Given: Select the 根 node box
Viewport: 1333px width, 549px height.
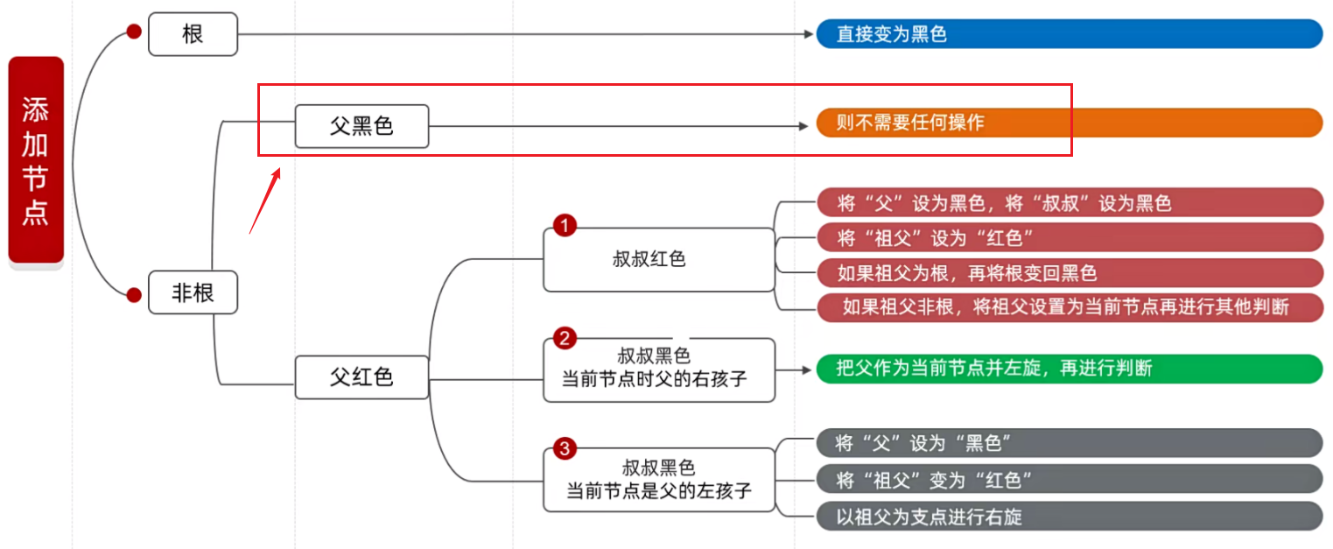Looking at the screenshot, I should click(193, 34).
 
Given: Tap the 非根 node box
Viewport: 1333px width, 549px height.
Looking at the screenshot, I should click(193, 293).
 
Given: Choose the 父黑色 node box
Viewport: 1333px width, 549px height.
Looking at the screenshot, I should click(361, 126).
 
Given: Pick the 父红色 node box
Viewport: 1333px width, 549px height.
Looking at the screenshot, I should click(361, 377).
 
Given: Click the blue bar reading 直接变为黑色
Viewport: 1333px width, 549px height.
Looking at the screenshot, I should click(1069, 34).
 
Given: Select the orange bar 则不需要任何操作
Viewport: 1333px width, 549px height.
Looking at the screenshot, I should click(1069, 123).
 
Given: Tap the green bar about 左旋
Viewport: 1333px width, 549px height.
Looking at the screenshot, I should click(1069, 369).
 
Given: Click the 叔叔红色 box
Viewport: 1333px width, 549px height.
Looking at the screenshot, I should click(658, 260).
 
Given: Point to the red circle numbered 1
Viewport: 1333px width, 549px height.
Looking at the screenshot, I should click(565, 227).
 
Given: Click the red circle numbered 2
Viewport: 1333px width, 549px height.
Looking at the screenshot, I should click(565, 338).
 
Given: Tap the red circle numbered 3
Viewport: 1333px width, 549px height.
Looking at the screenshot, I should click(565, 449).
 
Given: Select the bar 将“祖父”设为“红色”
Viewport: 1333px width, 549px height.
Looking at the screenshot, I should click(1069, 237).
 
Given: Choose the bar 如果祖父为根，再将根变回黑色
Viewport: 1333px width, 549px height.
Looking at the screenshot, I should click(1069, 272).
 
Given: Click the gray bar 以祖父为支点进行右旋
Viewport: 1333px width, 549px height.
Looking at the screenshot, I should click(1069, 517).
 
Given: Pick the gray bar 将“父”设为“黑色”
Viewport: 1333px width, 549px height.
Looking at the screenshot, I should click(1069, 443).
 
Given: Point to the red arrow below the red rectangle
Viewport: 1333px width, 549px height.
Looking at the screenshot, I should click(265, 201).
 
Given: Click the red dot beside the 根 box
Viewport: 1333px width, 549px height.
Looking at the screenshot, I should click(134, 32).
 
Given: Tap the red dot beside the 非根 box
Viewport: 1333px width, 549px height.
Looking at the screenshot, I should click(134, 294).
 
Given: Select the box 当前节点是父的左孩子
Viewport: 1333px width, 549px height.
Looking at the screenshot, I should click(658, 480).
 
